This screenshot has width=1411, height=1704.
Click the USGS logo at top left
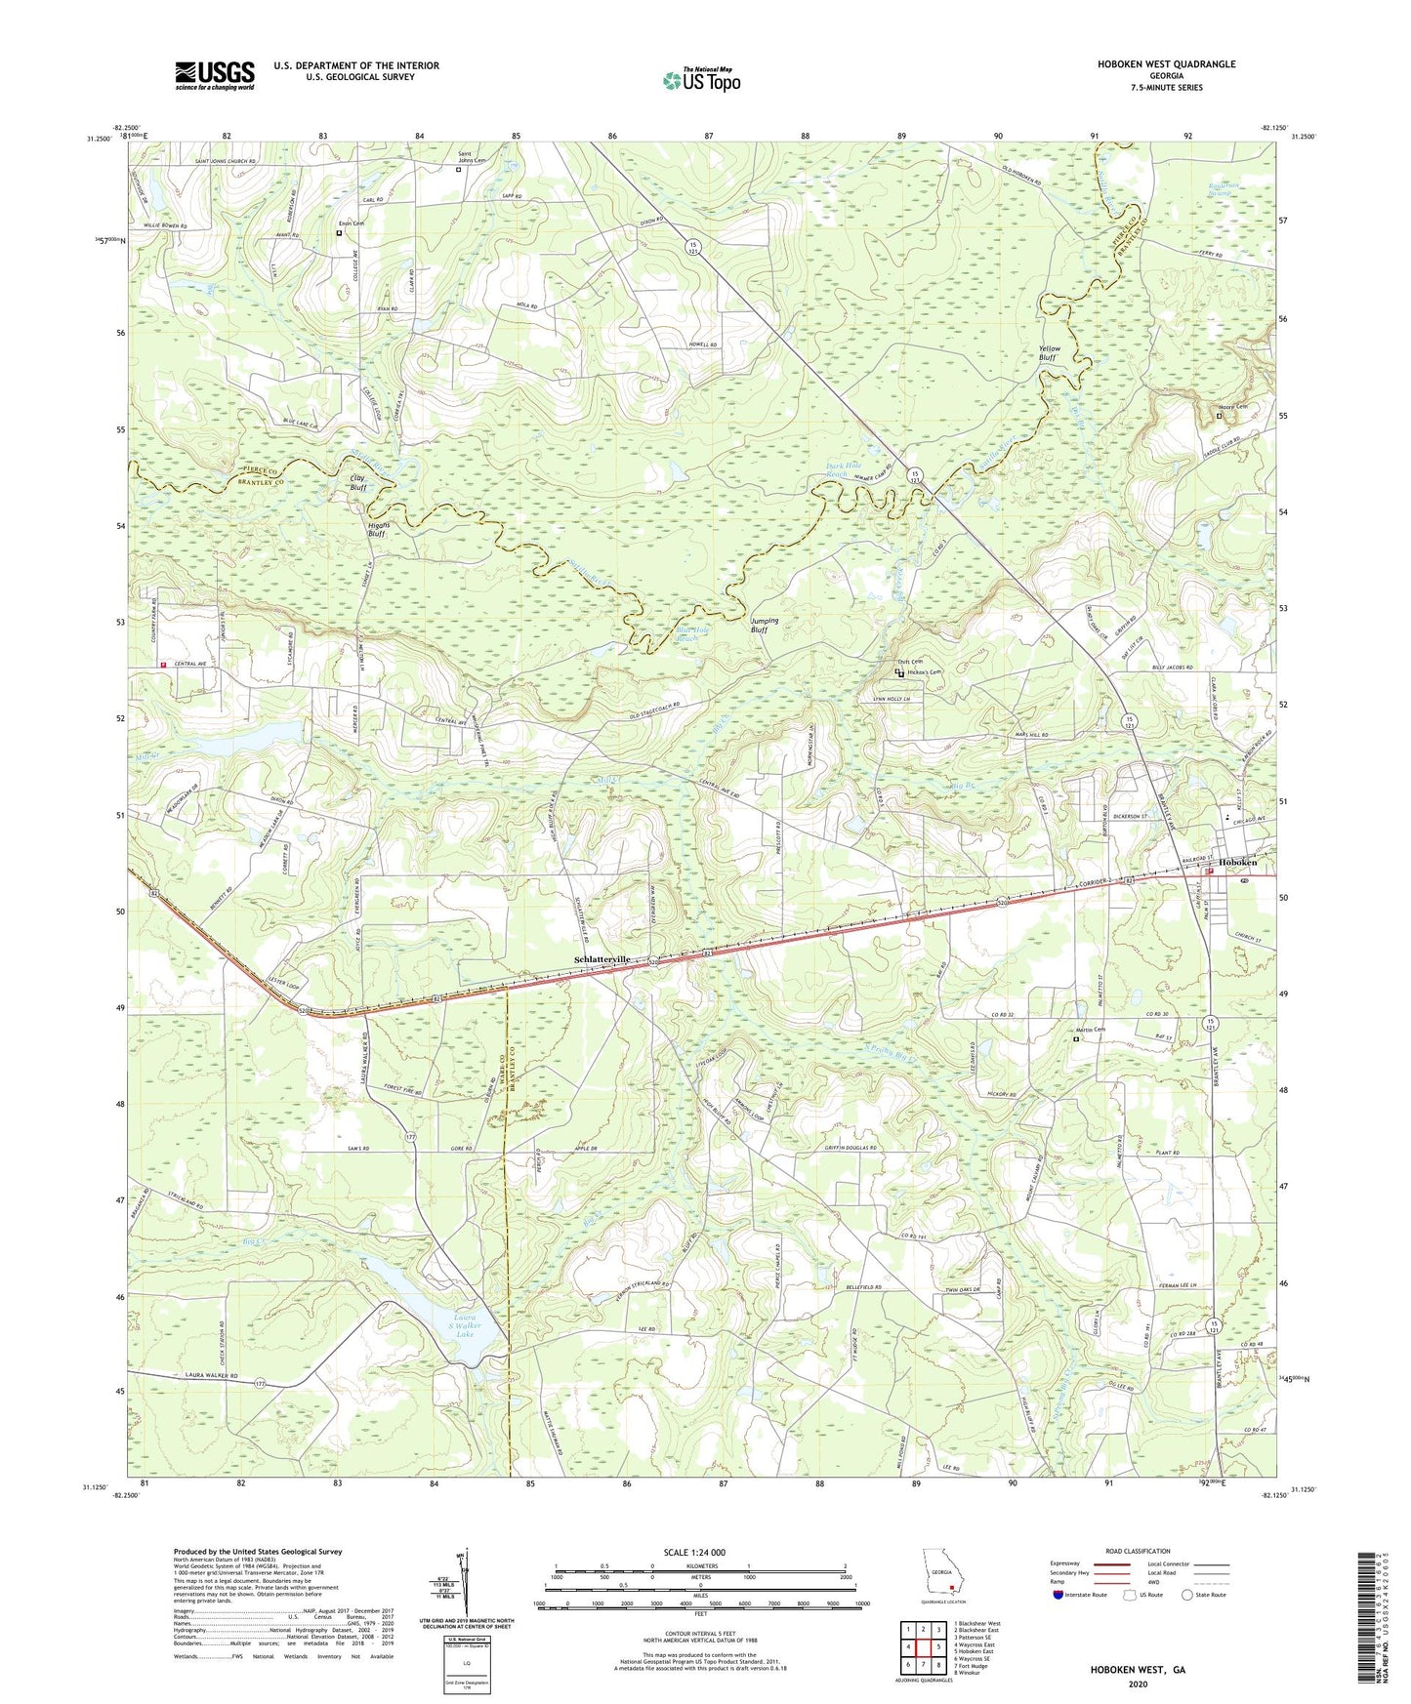215,74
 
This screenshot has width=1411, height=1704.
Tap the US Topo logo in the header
700,80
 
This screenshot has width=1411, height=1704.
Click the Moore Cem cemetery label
1233,407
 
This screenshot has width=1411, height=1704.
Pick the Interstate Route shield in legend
1059,1595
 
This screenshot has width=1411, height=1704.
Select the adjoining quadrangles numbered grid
923,1646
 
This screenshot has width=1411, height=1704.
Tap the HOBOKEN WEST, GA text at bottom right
1138,1670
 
